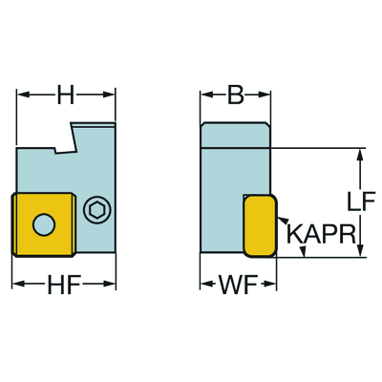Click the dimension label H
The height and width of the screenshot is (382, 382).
pos(66,95)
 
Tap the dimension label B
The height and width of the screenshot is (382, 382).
pos(236,95)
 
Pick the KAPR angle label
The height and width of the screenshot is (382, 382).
pos(321,234)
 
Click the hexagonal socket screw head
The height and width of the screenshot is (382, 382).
pos(96,210)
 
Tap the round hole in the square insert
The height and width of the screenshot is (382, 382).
pos(44,224)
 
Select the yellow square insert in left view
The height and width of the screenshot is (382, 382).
pos(44,224)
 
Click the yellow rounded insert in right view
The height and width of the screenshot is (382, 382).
pos(260,226)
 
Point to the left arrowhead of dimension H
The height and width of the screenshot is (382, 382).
pos(23,95)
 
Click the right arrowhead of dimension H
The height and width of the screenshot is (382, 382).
pos(108,95)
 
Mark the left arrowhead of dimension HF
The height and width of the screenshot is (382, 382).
pos(19,284)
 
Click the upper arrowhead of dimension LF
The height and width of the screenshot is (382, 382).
pos(360,156)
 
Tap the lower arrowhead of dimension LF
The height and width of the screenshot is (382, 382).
pos(360,250)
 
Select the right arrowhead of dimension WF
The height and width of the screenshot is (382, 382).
pos(269,284)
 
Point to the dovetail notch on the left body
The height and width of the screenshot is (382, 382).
pos(65,140)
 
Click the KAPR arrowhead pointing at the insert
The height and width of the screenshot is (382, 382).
pos(283,221)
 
